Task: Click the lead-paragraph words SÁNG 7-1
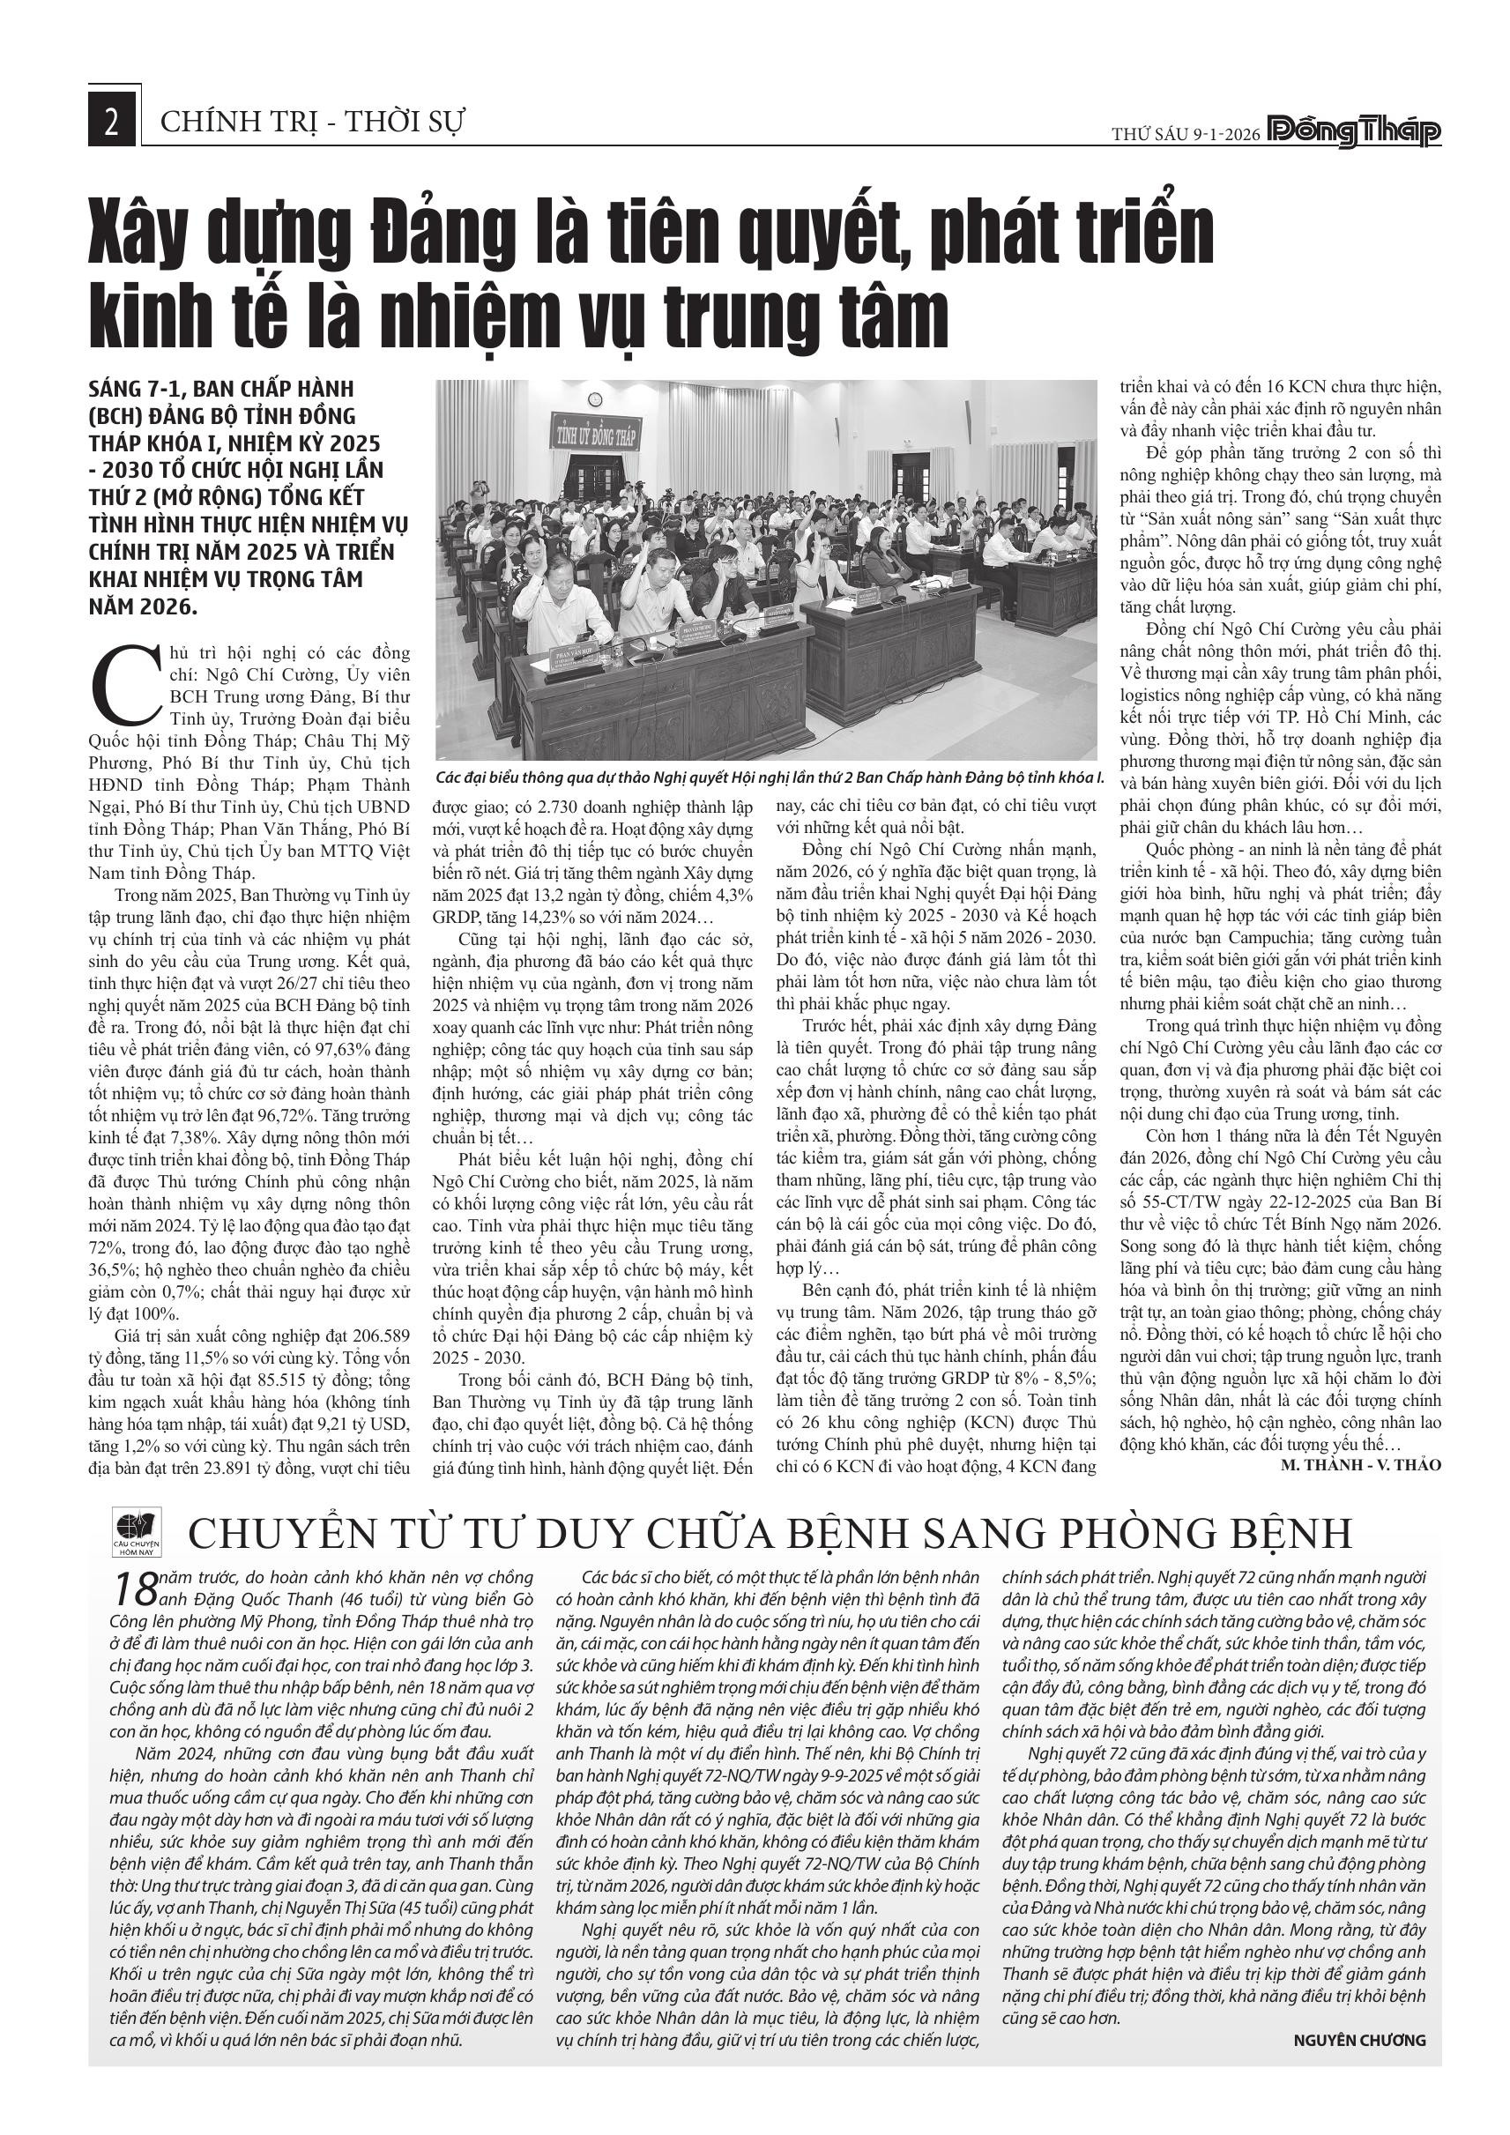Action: (140, 389)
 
